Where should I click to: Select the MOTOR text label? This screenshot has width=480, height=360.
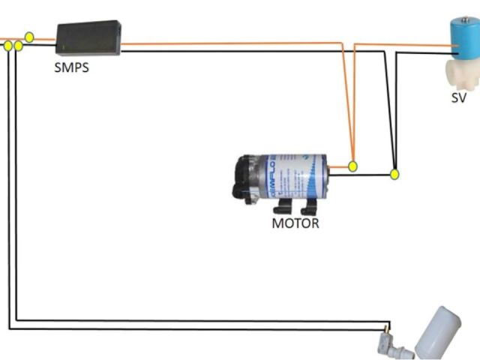(295, 223)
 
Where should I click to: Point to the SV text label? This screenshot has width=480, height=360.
(459, 97)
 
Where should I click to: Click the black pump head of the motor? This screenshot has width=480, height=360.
(247, 178)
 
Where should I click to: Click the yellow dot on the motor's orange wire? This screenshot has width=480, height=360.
(353, 166)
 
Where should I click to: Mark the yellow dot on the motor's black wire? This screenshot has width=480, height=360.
(394, 175)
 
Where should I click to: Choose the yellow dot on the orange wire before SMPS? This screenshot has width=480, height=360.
(29, 36)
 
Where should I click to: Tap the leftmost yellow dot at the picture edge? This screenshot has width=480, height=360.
(8, 46)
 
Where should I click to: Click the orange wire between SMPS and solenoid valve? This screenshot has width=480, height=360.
(225, 45)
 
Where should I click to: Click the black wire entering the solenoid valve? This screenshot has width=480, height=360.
(427, 53)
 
